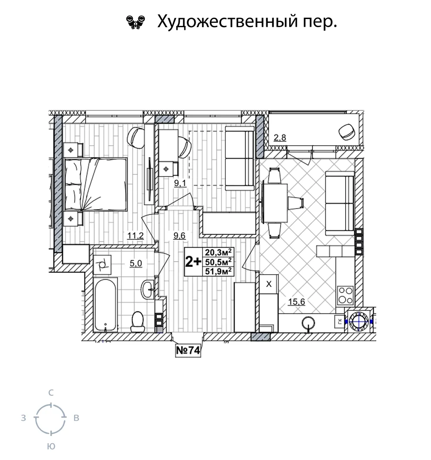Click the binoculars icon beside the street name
point(135,22)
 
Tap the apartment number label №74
point(188,350)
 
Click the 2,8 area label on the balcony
point(280,137)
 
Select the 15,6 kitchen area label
point(297,301)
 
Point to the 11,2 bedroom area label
point(135,235)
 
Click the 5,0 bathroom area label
point(136,263)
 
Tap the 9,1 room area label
point(180,183)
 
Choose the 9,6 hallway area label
point(179,235)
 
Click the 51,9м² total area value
point(219,271)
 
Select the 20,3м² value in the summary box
point(219,252)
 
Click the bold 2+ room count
point(193,262)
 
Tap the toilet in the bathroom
point(137,321)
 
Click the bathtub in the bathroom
point(106,305)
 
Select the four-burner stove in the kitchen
point(345,295)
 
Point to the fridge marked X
point(269,284)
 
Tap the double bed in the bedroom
point(96,184)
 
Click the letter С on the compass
point(51,393)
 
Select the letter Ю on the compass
point(51,447)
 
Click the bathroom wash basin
point(148,289)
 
